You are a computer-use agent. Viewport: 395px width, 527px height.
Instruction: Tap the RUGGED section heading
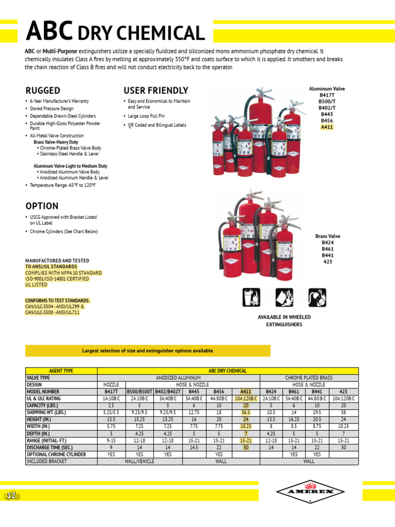pyautogui.click(x=43, y=91)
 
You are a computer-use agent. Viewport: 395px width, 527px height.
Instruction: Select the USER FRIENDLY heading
pyautogui.click(x=156, y=91)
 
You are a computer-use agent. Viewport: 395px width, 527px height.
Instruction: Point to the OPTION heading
pyautogui.click(x=42, y=206)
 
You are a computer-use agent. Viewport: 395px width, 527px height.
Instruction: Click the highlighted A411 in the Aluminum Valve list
pyautogui.click(x=327, y=127)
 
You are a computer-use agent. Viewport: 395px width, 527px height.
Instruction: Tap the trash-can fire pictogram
pyautogui.click(x=252, y=297)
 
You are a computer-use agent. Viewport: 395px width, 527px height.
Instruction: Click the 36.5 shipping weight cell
pyautogui.click(x=245, y=413)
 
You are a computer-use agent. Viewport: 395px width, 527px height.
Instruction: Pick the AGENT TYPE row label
pyautogui.click(x=61, y=371)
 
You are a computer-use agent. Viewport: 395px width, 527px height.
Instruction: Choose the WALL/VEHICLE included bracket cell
pyautogui.click(x=140, y=462)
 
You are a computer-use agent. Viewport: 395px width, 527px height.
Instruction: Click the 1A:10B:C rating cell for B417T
pyautogui.click(x=111, y=399)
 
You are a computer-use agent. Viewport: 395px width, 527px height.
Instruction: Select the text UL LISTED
pyautogui.click(x=37, y=285)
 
